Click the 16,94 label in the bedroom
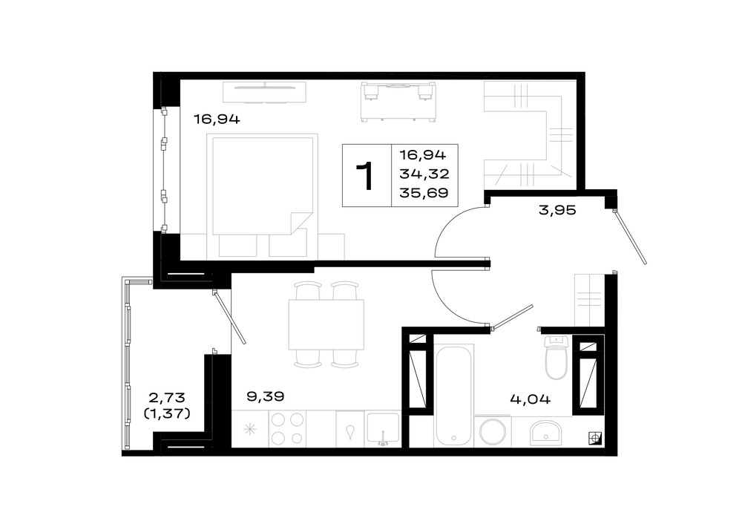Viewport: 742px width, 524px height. click(217, 119)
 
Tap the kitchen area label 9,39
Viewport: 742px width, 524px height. click(266, 396)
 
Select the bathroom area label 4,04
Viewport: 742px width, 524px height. click(530, 399)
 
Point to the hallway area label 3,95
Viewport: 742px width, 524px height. click(557, 210)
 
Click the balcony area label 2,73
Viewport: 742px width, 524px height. click(166, 396)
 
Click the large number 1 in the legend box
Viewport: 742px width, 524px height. click(366, 176)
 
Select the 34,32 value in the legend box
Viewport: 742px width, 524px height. click(424, 174)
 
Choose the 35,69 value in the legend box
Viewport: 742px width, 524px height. click(424, 193)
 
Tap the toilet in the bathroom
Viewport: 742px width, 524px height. click(556, 358)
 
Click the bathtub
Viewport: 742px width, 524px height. click(454, 395)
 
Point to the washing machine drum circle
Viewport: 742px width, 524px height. click(493, 432)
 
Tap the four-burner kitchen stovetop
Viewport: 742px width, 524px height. click(287, 428)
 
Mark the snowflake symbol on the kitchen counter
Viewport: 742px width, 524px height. click(249, 430)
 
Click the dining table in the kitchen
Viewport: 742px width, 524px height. click(326, 325)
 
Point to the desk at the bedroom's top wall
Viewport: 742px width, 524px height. click(398, 101)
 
